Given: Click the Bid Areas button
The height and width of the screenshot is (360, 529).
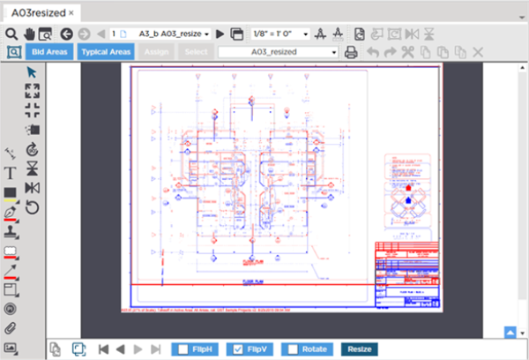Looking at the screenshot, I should pos(50,52).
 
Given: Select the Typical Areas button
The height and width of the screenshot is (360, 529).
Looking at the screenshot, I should pos(105,52).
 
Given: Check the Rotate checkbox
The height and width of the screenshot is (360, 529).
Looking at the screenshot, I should pos(293,349).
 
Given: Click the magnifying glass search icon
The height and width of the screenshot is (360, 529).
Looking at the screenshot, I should pos(11,34).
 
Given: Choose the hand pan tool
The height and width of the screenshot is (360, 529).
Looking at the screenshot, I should pos(30,34).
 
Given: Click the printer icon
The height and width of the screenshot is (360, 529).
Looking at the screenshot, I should pos(352,52).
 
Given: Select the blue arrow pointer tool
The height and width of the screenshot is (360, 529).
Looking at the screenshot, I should pos(33,71).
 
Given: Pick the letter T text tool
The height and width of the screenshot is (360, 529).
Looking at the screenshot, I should pos(11,173).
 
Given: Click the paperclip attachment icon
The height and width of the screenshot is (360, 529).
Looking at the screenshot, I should pos(11,328).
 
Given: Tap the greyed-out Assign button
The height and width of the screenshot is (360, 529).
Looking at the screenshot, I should pos(156,52).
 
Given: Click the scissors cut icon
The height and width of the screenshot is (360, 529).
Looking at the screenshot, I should pos(407,52).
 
